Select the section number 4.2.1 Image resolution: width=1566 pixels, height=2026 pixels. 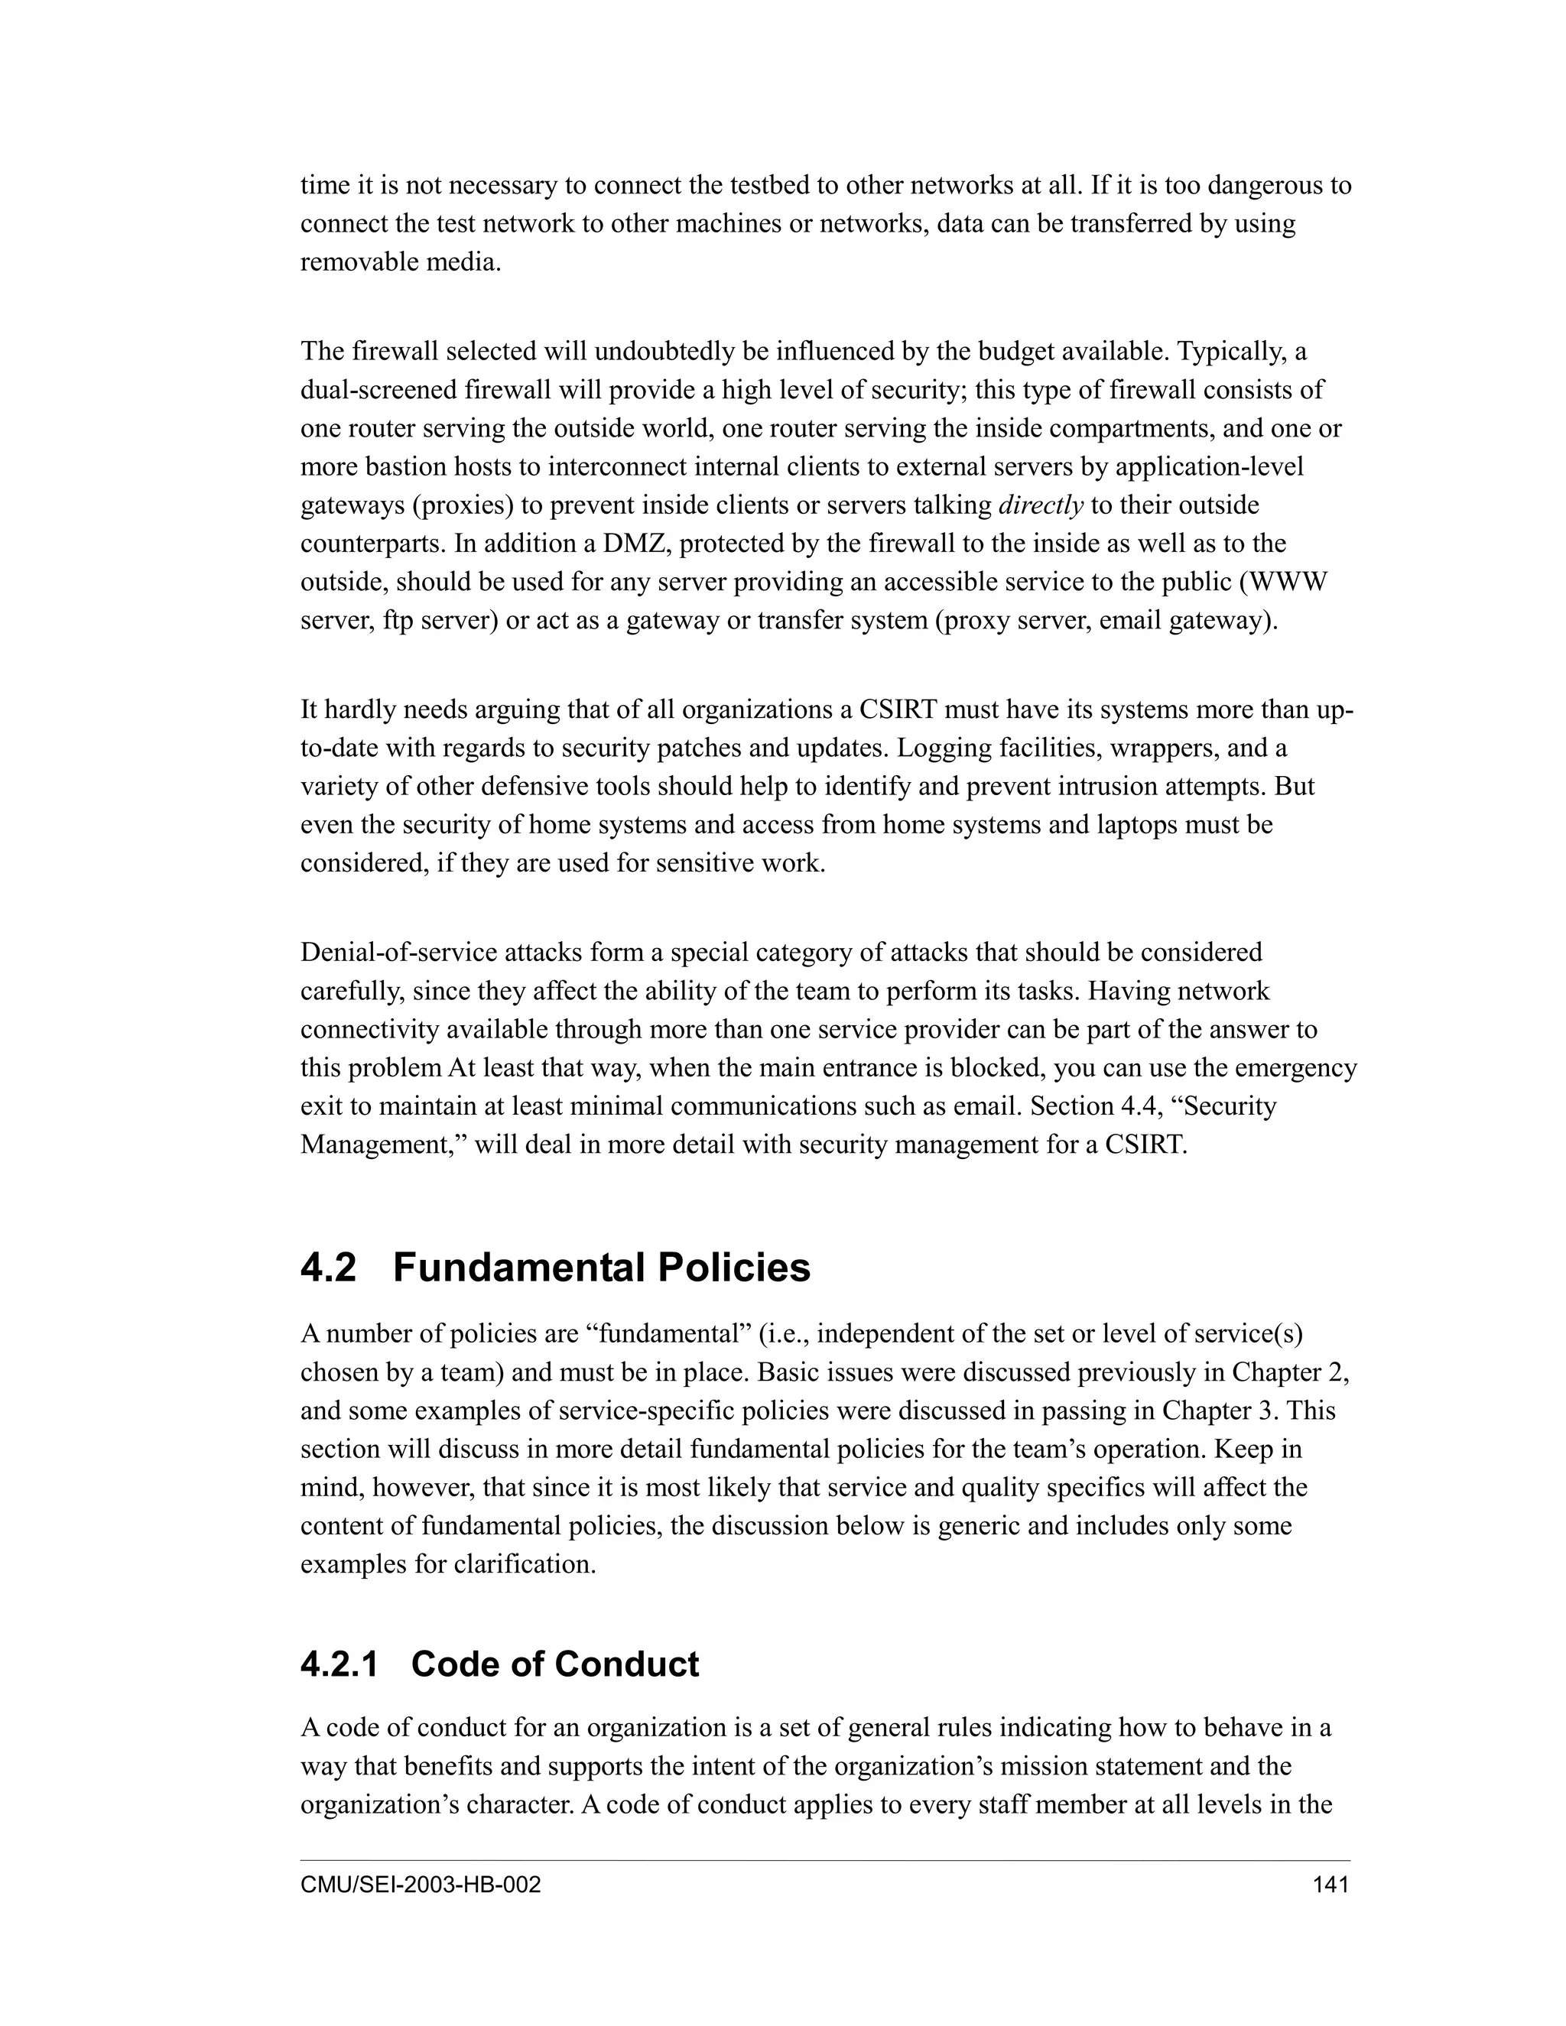(340, 1664)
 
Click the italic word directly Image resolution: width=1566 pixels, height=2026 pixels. (1040, 505)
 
